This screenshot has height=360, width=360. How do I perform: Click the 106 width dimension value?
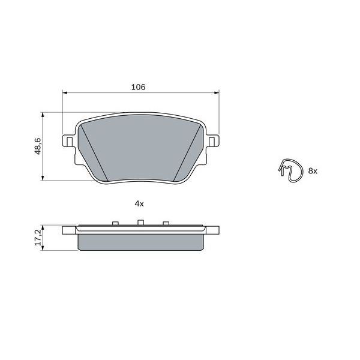(x=139, y=87)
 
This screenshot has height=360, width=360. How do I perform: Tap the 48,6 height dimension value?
(x=37, y=146)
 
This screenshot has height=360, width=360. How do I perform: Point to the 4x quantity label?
(x=139, y=204)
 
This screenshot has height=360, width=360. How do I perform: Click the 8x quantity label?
(x=312, y=171)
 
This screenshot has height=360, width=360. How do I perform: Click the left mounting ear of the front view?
(x=68, y=142)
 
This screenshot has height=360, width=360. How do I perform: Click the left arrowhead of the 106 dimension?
(x=65, y=93)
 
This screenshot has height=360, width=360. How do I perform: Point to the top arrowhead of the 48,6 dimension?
(x=43, y=114)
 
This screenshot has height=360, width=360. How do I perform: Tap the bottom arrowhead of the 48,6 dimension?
(x=43, y=178)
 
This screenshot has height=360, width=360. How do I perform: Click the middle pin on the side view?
(x=139, y=224)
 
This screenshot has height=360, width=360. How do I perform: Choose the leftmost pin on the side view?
(x=113, y=224)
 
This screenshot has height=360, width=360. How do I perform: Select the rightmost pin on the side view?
(x=166, y=224)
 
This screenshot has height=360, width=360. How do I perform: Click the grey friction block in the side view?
(x=141, y=241)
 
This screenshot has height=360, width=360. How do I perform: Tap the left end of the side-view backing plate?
(x=67, y=230)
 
